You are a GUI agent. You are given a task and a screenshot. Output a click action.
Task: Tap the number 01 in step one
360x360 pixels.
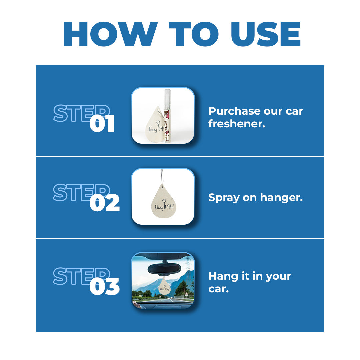[102, 124]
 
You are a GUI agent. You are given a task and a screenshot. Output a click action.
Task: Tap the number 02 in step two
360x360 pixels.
[104, 203]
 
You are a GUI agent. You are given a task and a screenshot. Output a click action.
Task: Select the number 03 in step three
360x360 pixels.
[104, 287]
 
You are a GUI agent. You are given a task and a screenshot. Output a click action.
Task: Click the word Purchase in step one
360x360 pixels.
[233, 111]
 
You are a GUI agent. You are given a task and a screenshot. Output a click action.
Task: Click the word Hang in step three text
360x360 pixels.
[222, 276]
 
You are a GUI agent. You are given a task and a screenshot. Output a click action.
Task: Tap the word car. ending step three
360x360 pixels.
[218, 288]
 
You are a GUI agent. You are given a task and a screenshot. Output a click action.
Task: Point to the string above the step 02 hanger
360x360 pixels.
[162, 178]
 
